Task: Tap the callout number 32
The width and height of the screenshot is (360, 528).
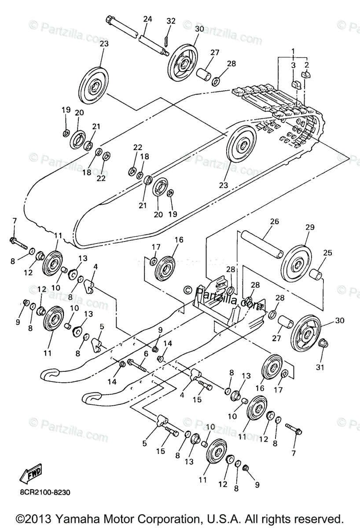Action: pyautogui.click(x=171, y=21)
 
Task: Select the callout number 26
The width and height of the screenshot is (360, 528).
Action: pyautogui.click(x=275, y=222)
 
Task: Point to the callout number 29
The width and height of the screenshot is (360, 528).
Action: pyautogui.click(x=310, y=227)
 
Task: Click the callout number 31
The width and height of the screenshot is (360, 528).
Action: pyautogui.click(x=320, y=367)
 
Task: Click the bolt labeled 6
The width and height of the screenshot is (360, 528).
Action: pyautogui.click(x=139, y=364)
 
